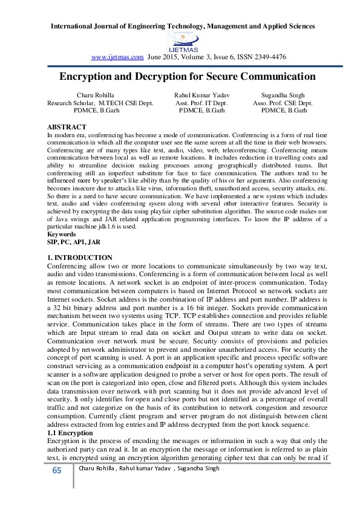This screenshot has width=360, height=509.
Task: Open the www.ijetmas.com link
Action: pyautogui.click(x=117, y=57)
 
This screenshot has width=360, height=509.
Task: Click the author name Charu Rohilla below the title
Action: pyautogui.click(x=95, y=96)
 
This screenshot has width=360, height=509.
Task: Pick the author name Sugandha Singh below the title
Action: pyautogui.click(x=283, y=96)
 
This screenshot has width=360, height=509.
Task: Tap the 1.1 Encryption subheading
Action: pyautogui.click(x=70, y=433)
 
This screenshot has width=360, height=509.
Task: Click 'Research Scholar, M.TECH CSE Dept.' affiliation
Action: pyautogui.click(x=100, y=103)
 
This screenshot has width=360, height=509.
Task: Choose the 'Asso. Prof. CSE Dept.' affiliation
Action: pyautogui.click(x=283, y=103)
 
